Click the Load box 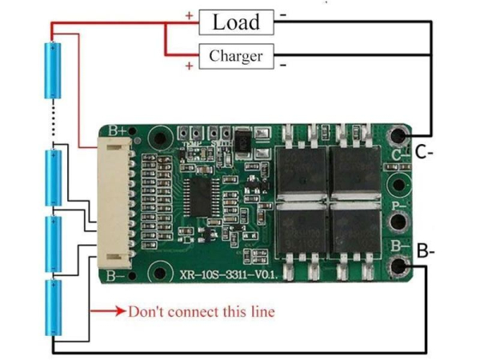point(235,22)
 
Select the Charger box point(235,56)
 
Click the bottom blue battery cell point(54,306)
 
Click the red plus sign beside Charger point(189,66)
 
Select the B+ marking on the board point(117,130)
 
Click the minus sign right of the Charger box point(285,63)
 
